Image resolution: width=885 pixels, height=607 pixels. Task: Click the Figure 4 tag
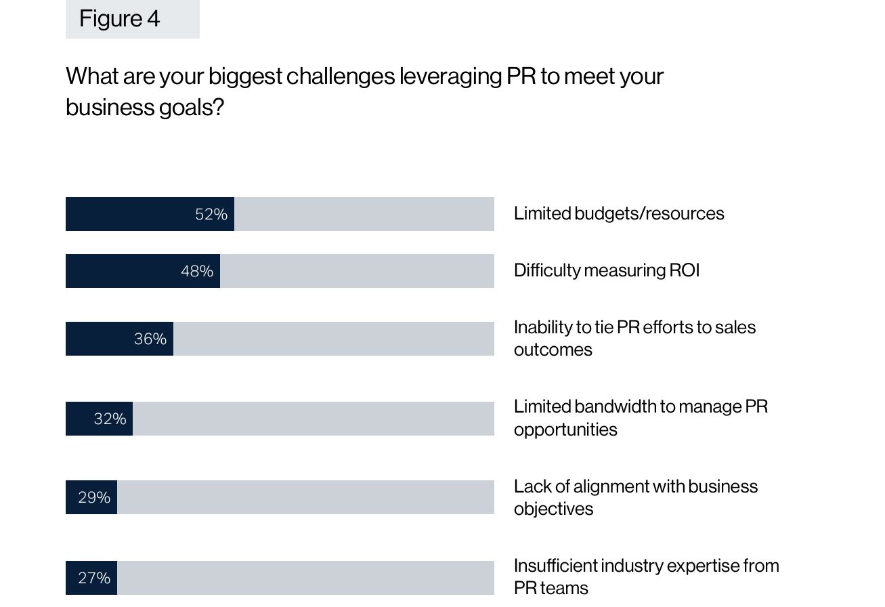pyautogui.click(x=132, y=18)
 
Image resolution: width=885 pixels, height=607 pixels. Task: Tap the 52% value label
pyautogui.click(x=211, y=214)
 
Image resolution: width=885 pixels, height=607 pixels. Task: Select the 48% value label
pyautogui.click(x=196, y=271)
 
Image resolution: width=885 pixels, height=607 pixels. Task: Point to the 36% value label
pyautogui.click(x=150, y=339)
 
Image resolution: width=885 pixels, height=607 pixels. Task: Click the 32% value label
pyautogui.click(x=110, y=419)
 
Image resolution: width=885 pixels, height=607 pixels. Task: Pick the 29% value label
pyautogui.click(x=93, y=497)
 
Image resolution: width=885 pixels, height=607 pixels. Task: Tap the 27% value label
pyautogui.click(x=93, y=578)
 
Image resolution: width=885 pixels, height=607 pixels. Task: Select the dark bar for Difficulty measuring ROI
pyautogui.click(x=122, y=271)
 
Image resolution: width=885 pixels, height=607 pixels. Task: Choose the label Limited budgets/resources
pyautogui.click(x=618, y=213)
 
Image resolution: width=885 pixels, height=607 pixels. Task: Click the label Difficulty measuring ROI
pyautogui.click(x=606, y=270)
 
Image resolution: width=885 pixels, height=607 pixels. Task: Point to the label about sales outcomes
pyautogui.click(x=634, y=338)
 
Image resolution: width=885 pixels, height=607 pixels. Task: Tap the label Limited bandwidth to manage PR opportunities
pyautogui.click(x=640, y=417)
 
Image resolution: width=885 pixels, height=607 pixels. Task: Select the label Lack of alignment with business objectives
pyautogui.click(x=635, y=497)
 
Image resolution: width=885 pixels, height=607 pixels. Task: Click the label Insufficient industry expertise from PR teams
pyautogui.click(x=646, y=577)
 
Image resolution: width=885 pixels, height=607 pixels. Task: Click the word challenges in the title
pyautogui.click(x=340, y=76)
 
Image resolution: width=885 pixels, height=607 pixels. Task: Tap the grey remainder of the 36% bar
pyautogui.click(x=333, y=339)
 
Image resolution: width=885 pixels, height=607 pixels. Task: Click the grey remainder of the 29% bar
pyautogui.click(x=305, y=497)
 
